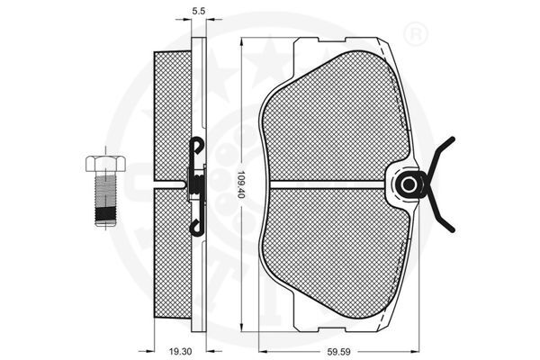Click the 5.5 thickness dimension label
click(198, 11)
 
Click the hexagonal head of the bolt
click(105, 163)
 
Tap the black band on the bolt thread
click(105, 214)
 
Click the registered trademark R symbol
click(415, 34)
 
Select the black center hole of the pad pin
click(409, 184)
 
